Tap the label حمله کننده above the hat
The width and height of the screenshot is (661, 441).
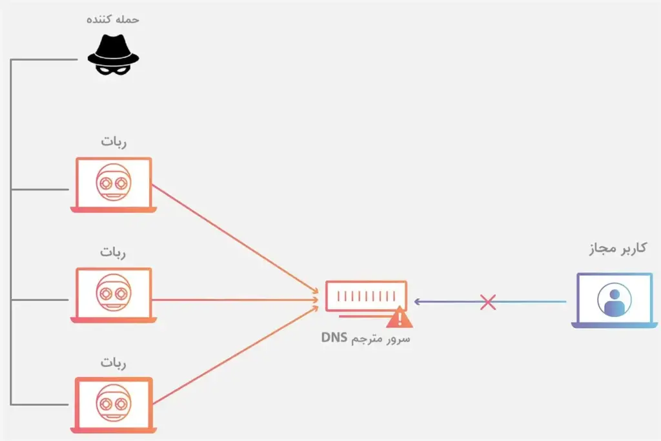point(114,19)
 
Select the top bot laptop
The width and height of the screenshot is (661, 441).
point(114,185)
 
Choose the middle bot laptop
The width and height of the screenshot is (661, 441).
point(114,295)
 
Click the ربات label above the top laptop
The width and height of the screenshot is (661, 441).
point(114,142)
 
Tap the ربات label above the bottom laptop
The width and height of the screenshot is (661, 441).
point(114,362)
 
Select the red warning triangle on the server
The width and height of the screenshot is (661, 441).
point(400,317)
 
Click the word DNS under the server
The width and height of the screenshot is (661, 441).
point(334,338)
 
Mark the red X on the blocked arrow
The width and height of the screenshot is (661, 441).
point(488,302)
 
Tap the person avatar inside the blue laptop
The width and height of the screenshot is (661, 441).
point(614,298)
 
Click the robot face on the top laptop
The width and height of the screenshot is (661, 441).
point(114,181)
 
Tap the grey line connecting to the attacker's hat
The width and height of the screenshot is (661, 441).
point(45,59)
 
